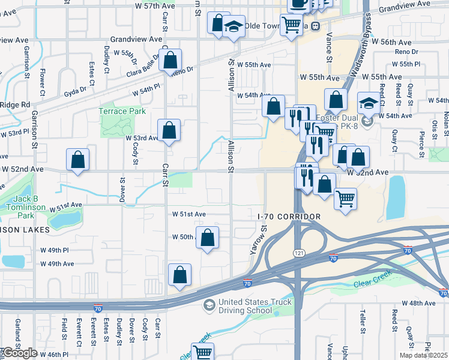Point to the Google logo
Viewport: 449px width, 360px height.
coord(19,353)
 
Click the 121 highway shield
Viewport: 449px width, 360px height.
coord(298,253)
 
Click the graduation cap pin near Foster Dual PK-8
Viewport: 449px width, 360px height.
coord(368,102)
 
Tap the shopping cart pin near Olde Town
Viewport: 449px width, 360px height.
coord(292,25)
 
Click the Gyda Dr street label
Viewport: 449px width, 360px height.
coord(75,92)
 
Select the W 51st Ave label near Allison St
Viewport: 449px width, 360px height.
coord(189,214)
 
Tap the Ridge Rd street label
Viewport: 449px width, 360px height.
coord(15,104)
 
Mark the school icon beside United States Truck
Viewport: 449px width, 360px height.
coord(209,305)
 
